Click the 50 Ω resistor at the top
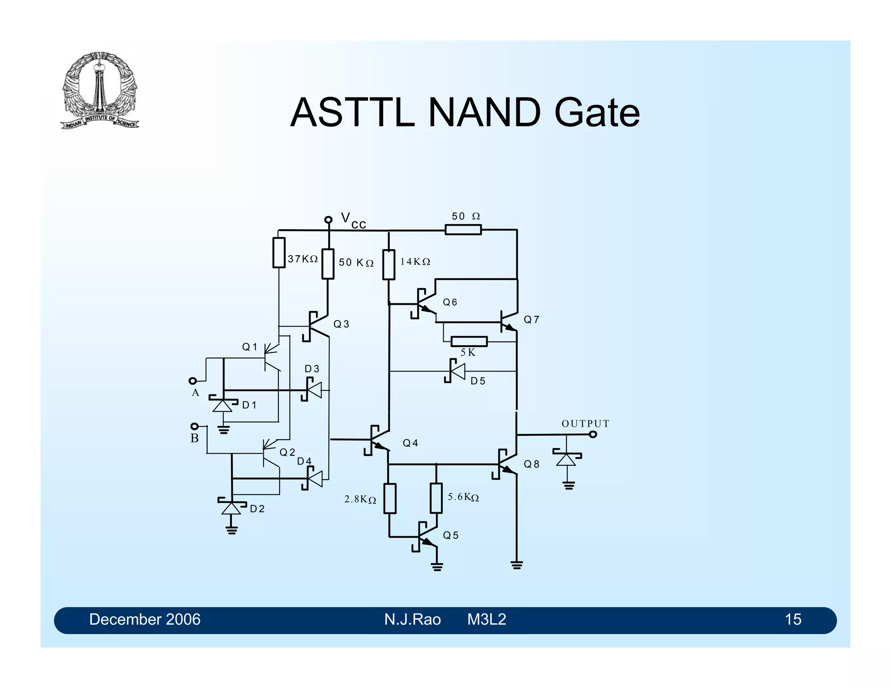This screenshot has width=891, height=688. point(463,229)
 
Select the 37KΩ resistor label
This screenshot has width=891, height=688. point(303,259)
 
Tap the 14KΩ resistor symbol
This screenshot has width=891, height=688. point(389,264)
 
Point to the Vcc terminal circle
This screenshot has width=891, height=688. point(328,220)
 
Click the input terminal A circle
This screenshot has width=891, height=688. point(193,381)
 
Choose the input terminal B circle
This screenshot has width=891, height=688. point(194,426)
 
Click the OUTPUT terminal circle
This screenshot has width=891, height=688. point(593,434)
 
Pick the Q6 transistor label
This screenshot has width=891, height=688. point(450,302)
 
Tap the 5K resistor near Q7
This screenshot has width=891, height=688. point(469,341)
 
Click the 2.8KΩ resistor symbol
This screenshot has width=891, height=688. point(390,498)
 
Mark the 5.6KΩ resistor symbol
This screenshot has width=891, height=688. point(436,498)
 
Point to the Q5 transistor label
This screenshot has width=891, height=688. point(451,535)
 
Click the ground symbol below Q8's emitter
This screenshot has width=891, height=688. point(516,565)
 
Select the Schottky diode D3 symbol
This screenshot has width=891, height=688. point(314,390)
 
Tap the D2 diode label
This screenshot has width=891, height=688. point(257,509)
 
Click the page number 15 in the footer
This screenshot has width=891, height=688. point(793,619)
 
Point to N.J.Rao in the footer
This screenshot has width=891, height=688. point(412,619)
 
